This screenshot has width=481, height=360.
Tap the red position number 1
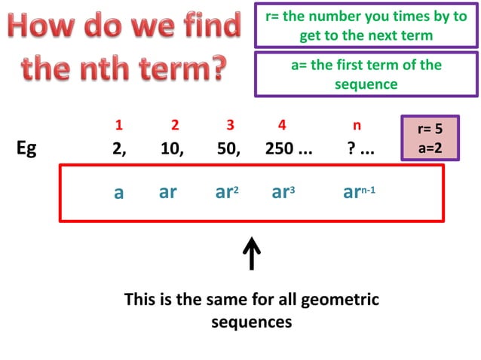tap(118, 125)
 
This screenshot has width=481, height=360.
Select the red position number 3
tap(230, 125)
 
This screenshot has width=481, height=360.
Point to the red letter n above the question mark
tap(357, 125)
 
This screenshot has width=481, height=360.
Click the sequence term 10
tap(171, 148)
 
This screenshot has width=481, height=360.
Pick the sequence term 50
tap(228, 148)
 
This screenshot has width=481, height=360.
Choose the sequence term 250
tap(281, 148)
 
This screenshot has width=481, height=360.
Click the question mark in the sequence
tap(351, 148)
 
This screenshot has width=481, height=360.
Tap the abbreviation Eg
tap(26, 148)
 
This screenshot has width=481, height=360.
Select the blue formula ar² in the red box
tap(227, 192)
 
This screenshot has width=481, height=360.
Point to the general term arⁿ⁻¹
tap(359, 192)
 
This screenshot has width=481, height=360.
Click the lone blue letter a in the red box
tap(118, 193)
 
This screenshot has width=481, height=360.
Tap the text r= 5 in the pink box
tap(429, 129)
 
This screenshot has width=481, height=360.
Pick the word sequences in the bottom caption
tap(251, 322)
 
